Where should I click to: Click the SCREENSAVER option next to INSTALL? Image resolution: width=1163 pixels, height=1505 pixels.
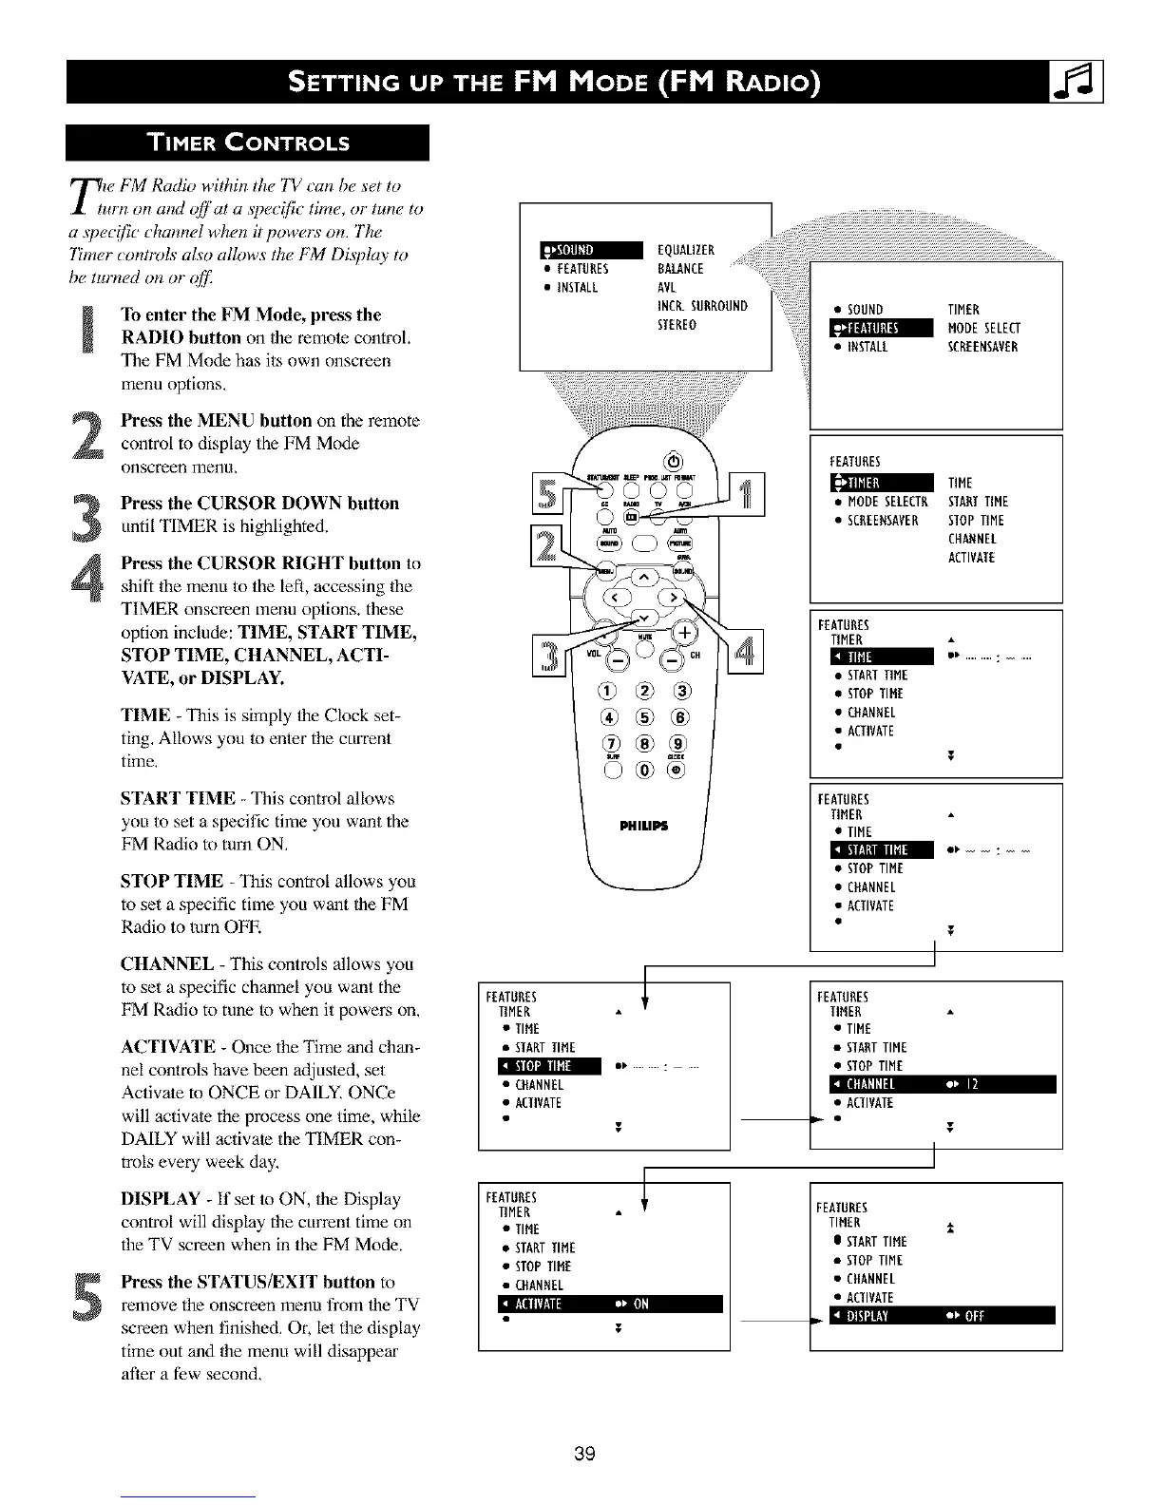coord(982,347)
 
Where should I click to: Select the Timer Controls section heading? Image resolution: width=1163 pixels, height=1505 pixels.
coord(247,143)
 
